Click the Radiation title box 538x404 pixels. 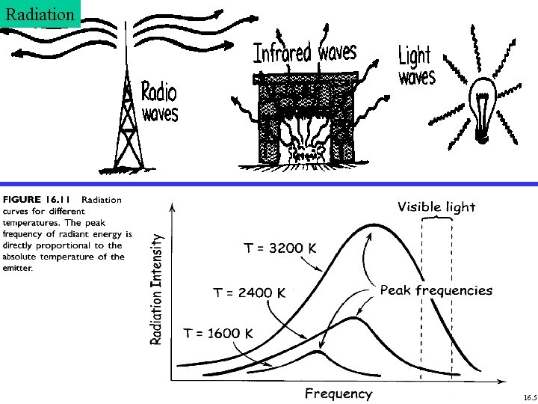(39, 13)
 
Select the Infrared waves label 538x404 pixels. (305, 52)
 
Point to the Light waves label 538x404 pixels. (416, 65)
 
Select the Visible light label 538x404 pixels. (436, 206)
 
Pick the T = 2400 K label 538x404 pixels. (250, 293)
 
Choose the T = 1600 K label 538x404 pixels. (218, 333)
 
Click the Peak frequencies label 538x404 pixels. (436, 290)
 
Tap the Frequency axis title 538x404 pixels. (338, 394)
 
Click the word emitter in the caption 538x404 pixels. (19, 268)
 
